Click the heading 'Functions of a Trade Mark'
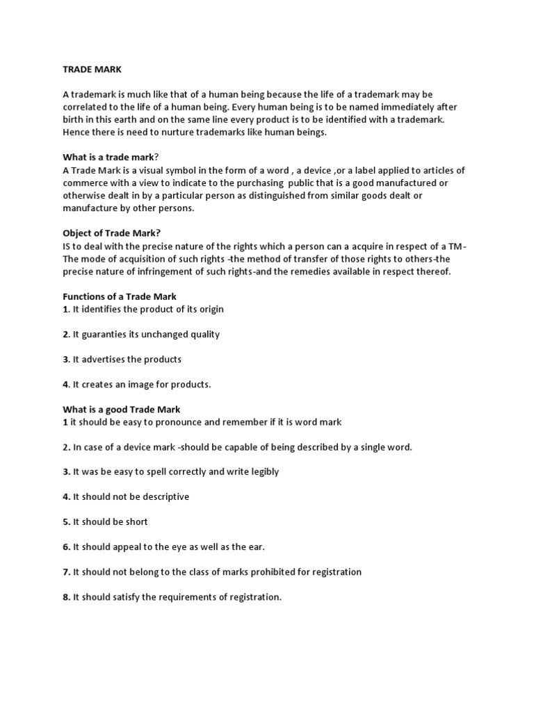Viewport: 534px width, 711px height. click(120, 296)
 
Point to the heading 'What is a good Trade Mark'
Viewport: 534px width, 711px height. click(121, 410)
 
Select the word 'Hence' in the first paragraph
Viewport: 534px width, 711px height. click(76, 133)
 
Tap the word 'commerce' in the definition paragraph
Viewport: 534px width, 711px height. click(86, 183)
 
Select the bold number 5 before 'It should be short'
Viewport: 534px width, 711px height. click(66, 521)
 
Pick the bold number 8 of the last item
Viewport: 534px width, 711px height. click(66, 597)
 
